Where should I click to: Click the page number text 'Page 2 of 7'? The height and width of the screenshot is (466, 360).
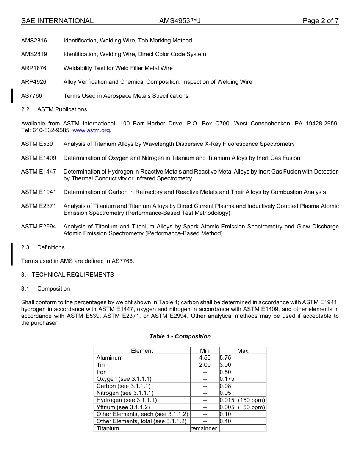320,21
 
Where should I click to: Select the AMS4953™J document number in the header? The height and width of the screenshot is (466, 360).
180,21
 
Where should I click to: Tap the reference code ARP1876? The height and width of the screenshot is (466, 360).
34,68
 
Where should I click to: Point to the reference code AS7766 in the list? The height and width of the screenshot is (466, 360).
31,96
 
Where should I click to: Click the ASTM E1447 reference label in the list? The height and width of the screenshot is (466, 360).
38,172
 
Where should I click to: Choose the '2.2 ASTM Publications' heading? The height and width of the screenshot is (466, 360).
54,109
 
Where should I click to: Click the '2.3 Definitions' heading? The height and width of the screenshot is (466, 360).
43,247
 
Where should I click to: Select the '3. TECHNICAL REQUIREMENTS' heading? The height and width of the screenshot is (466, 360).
67,275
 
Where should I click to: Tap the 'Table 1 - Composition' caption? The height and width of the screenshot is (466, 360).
180,336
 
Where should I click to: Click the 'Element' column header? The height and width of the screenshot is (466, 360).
142,351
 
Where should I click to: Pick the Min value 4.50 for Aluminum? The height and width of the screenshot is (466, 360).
205,358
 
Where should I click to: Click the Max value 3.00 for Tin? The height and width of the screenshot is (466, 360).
225,365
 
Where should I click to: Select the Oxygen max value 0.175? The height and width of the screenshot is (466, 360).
227,379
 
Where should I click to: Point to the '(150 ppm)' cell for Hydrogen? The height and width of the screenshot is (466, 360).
252,400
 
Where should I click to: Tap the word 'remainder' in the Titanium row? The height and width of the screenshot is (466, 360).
204,428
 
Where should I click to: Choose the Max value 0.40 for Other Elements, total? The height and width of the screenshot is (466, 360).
225,421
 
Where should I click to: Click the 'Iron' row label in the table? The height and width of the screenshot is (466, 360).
102,372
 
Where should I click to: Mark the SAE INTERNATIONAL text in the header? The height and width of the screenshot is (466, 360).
57,21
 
